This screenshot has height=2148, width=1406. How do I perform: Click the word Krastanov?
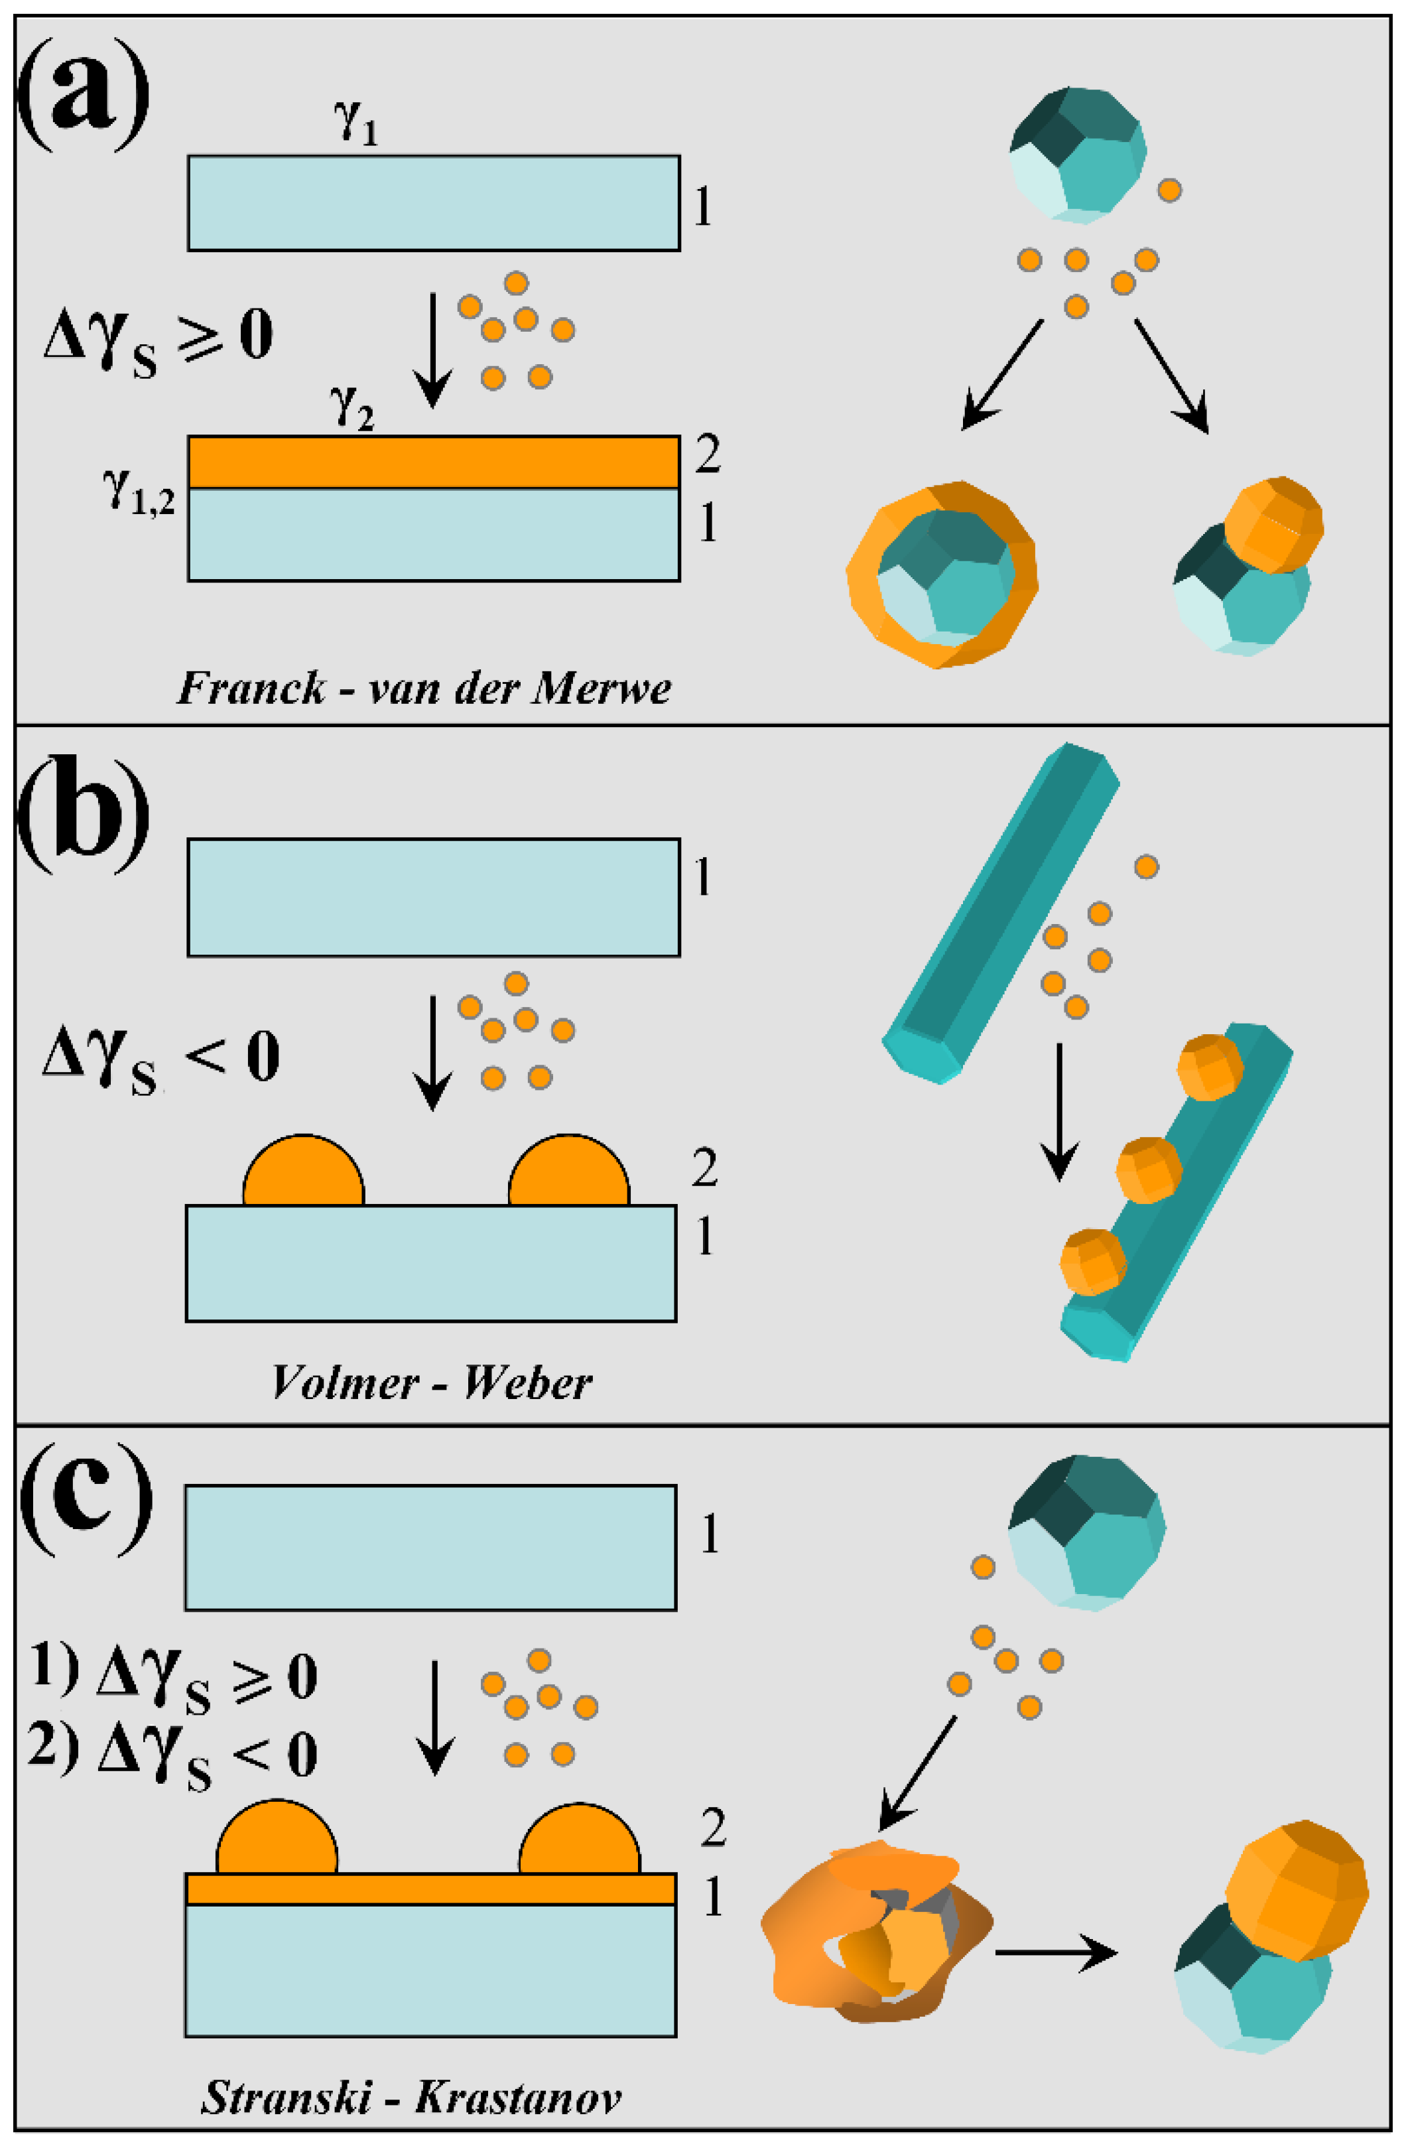pyautogui.click(x=518, y=2098)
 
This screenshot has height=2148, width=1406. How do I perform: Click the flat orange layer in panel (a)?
pyautogui.click(x=433, y=462)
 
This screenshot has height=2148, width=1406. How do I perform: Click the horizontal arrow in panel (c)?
pyautogui.click(x=1056, y=1952)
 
